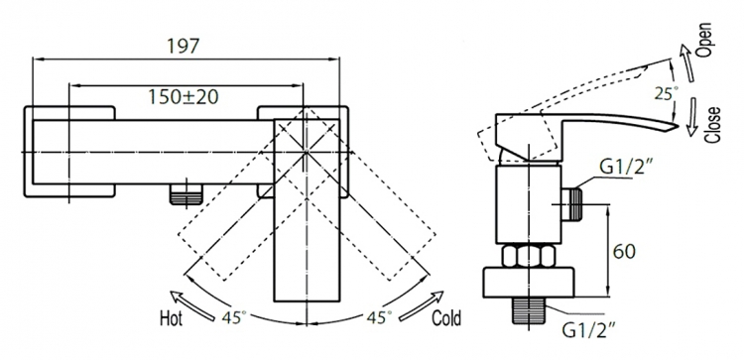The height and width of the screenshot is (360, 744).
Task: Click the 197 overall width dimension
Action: pyautogui.click(x=183, y=46)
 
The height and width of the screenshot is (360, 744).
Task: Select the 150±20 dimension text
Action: pyautogui.click(x=184, y=97)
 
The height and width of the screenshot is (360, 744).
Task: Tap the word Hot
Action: pyautogui.click(x=171, y=318)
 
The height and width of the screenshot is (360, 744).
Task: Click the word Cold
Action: pyautogui.click(x=446, y=318)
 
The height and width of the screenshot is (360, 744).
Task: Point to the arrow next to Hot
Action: pyautogui.click(x=192, y=305)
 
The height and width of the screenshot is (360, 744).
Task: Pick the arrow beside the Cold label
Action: pyautogui.click(x=422, y=305)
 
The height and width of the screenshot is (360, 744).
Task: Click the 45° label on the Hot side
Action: pyautogui.click(x=234, y=316)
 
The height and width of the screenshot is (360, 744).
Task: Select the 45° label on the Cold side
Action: pyautogui.click(x=379, y=316)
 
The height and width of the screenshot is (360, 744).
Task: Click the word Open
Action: pyautogui.click(x=705, y=40)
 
